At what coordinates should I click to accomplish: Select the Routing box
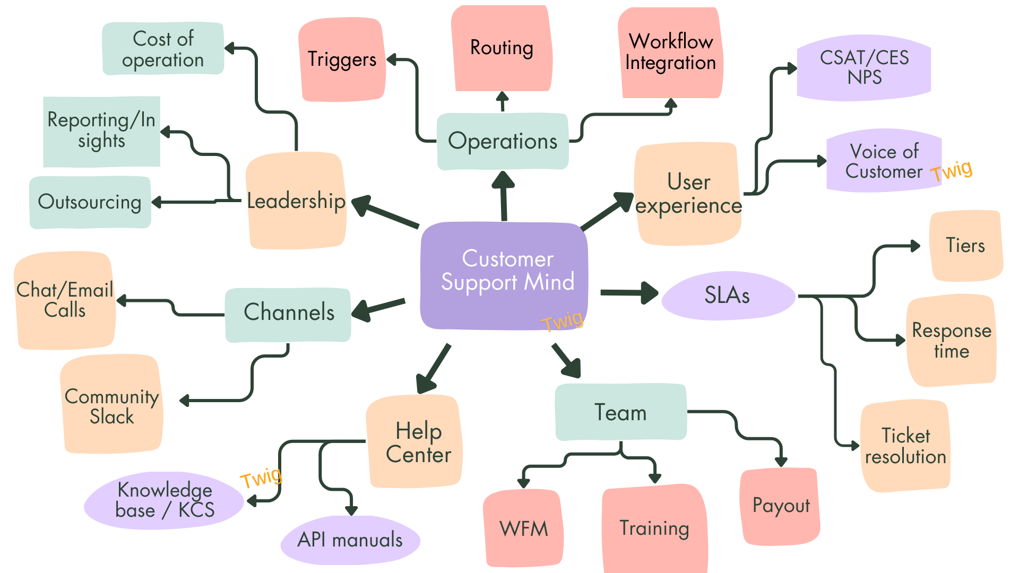pos(502,49)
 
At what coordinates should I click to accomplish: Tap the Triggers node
pos(342,59)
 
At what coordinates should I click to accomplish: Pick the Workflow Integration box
pos(670,52)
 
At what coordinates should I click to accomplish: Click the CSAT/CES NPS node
pos(864,67)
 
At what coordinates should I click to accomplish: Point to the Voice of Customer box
pos(884,161)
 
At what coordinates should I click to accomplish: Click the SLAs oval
pos(728,296)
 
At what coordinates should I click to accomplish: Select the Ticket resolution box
pos(905,446)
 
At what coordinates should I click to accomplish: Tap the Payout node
pos(780,506)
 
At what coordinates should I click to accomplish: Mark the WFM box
pos(523,528)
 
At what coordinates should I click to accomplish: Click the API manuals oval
pos(350,540)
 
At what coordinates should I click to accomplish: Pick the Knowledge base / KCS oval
pos(165,500)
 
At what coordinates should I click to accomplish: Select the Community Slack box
pos(111,405)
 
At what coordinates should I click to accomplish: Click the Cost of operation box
pos(163,49)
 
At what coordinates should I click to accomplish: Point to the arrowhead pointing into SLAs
pos(649,293)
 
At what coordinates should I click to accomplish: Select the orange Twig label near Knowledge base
pos(261,477)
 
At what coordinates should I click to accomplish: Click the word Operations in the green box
pos(503,141)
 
